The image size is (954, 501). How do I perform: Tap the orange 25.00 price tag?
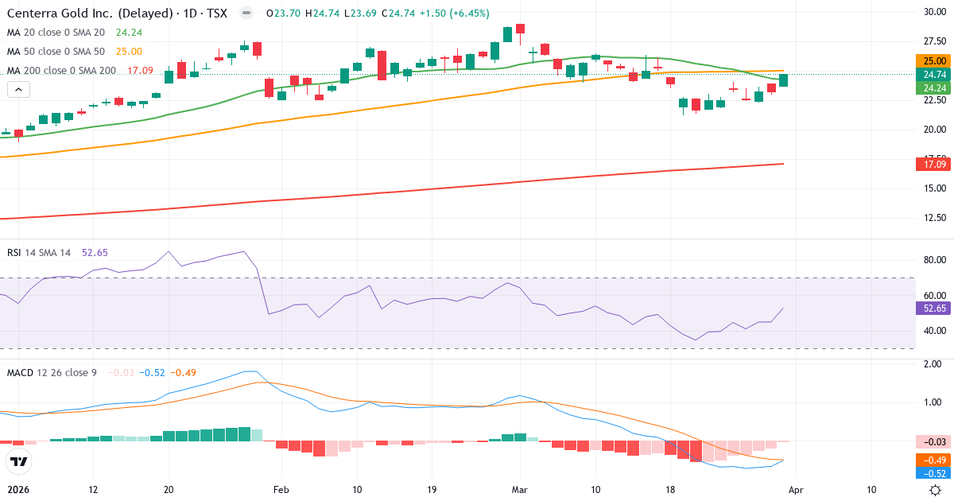[x=934, y=61]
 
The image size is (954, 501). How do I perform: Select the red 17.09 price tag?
[x=934, y=165]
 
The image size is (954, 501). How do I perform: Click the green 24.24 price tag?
[x=934, y=87]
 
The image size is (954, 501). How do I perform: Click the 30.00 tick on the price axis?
[x=934, y=12]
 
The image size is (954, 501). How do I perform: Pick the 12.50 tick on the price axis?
[x=934, y=218]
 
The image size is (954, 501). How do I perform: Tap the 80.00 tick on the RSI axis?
[x=934, y=260]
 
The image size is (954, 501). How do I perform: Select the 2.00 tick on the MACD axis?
[x=934, y=364]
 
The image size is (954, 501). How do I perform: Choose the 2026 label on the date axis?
[x=17, y=490]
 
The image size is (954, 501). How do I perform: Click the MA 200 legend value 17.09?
[x=141, y=71]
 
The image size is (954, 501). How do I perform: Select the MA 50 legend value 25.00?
[x=129, y=52]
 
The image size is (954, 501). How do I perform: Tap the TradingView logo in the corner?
[x=17, y=461]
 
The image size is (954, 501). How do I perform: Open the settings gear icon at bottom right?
[x=936, y=490]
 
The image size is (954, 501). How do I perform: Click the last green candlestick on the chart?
[x=783, y=80]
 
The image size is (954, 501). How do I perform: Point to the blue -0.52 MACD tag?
[x=934, y=473]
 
